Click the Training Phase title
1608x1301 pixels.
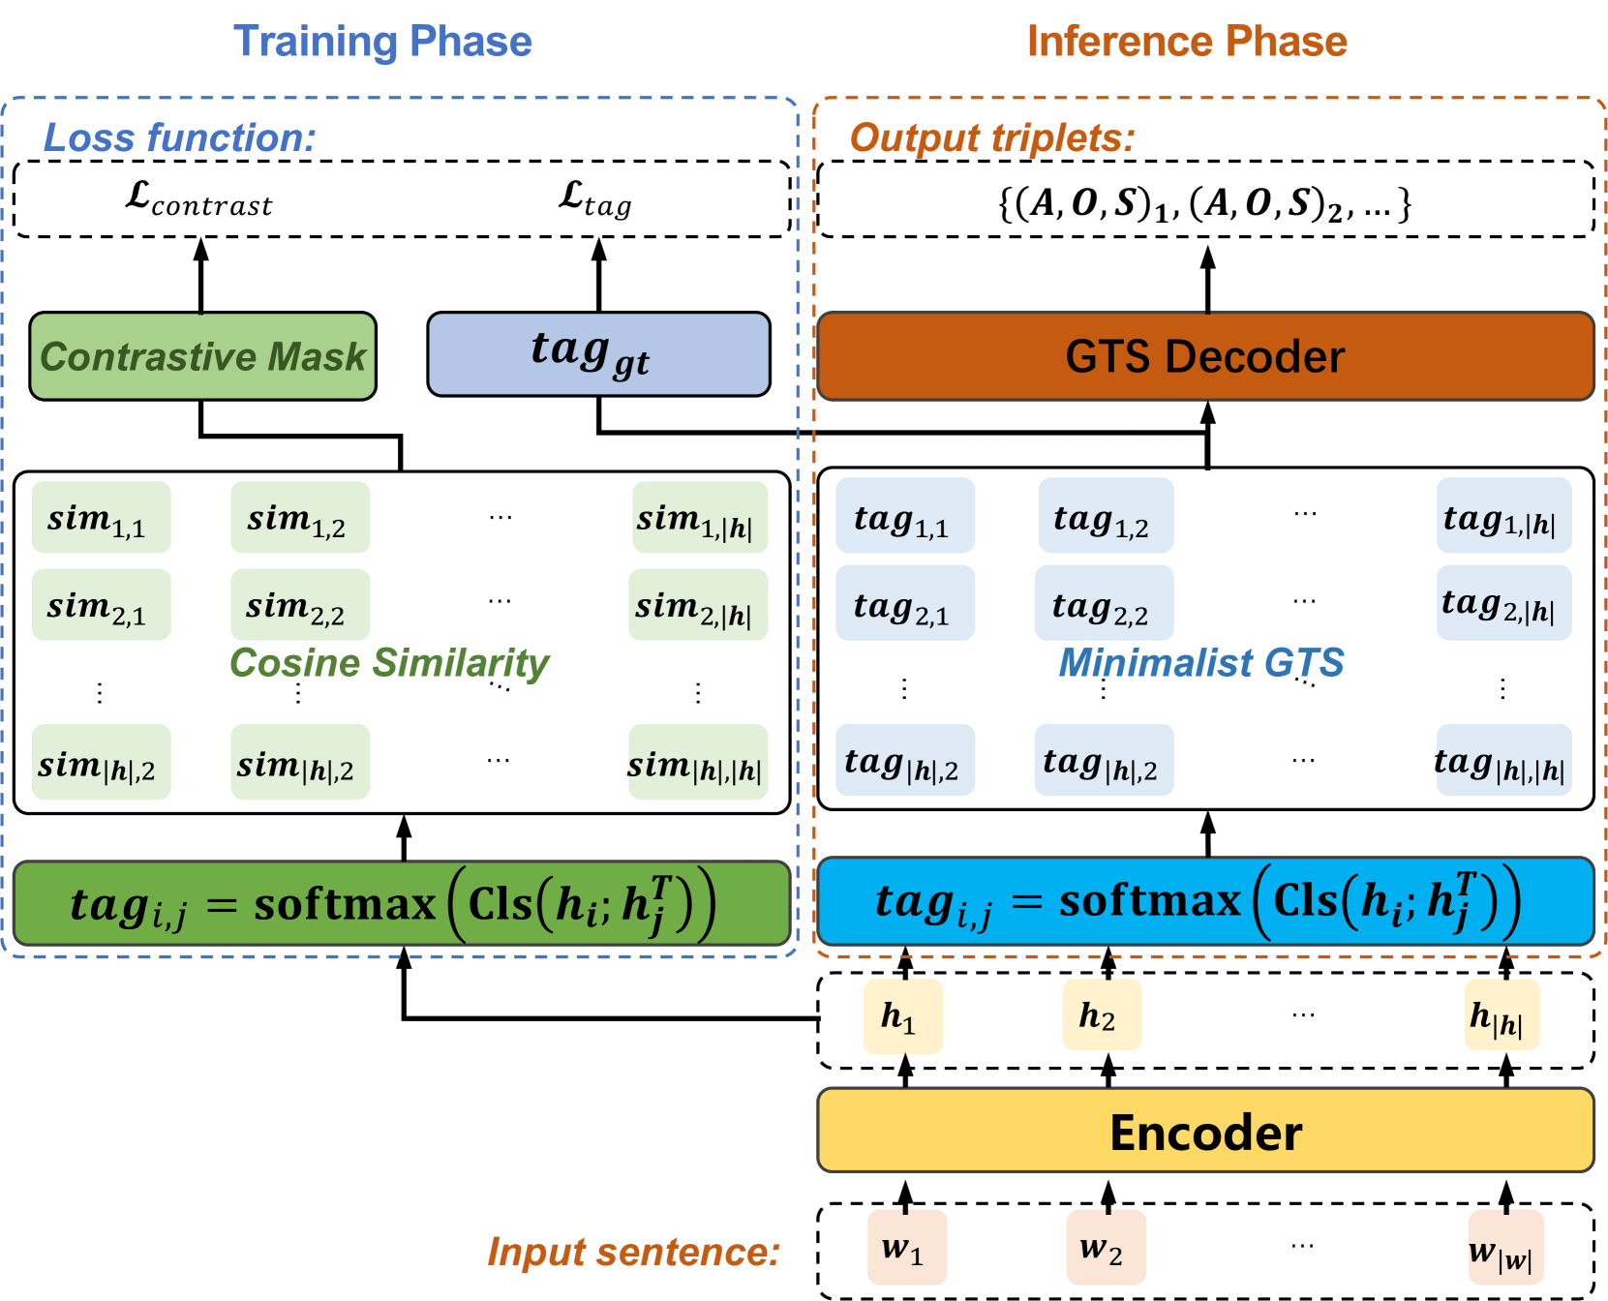[x=382, y=42]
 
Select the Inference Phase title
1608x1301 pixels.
[x=1187, y=42]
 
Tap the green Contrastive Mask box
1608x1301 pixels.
[x=202, y=356]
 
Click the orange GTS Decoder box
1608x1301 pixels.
[x=1205, y=356]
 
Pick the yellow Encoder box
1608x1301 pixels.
[x=1205, y=1131]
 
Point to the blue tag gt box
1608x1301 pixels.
[x=598, y=354]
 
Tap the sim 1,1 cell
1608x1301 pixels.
[x=101, y=518]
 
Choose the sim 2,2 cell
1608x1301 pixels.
[x=300, y=605]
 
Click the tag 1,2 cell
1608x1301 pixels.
[x=1106, y=518]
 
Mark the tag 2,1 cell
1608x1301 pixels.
[x=905, y=603]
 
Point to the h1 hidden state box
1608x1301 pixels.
[x=903, y=1015]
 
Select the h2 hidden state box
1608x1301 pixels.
[x=1102, y=1015]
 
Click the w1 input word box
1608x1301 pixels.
[x=907, y=1247]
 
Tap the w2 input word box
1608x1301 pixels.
[x=1107, y=1247]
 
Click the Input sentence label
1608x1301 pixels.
[x=633, y=1252]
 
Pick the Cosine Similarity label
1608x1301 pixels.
[x=389, y=663]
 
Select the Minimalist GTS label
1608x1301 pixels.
[x=1201, y=663]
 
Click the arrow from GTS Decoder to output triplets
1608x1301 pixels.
[x=1207, y=279]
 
